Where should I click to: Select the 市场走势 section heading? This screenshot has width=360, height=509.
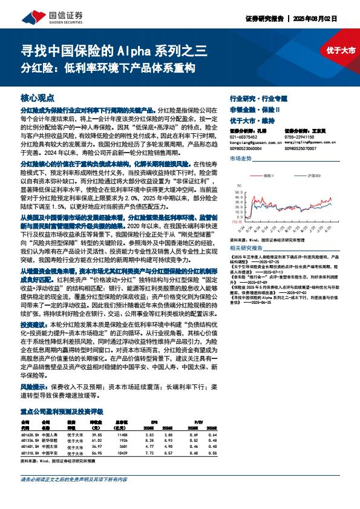241,158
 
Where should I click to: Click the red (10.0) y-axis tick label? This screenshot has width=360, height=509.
235,222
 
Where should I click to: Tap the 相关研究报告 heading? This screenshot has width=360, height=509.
244,248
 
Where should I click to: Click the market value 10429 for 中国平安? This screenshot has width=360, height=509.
122,452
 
